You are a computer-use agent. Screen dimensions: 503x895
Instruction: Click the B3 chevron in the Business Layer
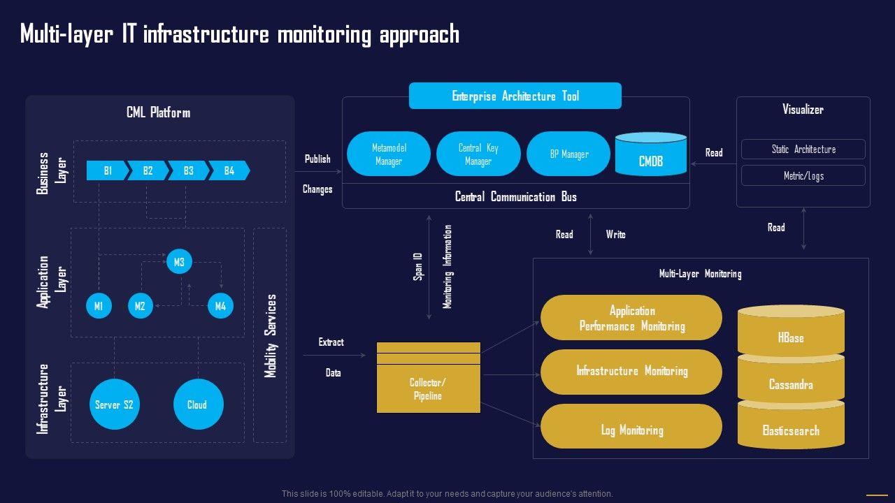188,170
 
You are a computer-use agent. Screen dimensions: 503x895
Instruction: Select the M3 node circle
179,262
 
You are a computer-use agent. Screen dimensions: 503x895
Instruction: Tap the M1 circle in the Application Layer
99,306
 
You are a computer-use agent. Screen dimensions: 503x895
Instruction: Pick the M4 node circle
220,306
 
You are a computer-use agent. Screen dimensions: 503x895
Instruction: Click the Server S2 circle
114,404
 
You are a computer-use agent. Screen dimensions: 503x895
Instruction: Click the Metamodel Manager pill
389,154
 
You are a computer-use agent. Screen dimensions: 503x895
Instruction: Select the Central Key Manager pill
478,154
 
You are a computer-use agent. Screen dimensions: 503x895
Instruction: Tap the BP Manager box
568,154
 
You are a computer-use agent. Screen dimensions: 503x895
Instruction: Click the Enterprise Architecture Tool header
515,96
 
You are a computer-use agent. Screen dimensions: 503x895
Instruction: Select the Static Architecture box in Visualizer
803,150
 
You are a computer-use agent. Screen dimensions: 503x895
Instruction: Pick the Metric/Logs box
803,175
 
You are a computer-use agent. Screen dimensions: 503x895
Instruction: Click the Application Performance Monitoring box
631,318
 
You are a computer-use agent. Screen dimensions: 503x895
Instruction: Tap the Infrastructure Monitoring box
631,372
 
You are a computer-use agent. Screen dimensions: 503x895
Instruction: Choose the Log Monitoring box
631,430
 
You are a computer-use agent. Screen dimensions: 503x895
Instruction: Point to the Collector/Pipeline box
428,388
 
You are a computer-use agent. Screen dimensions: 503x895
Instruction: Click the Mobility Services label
271,335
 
